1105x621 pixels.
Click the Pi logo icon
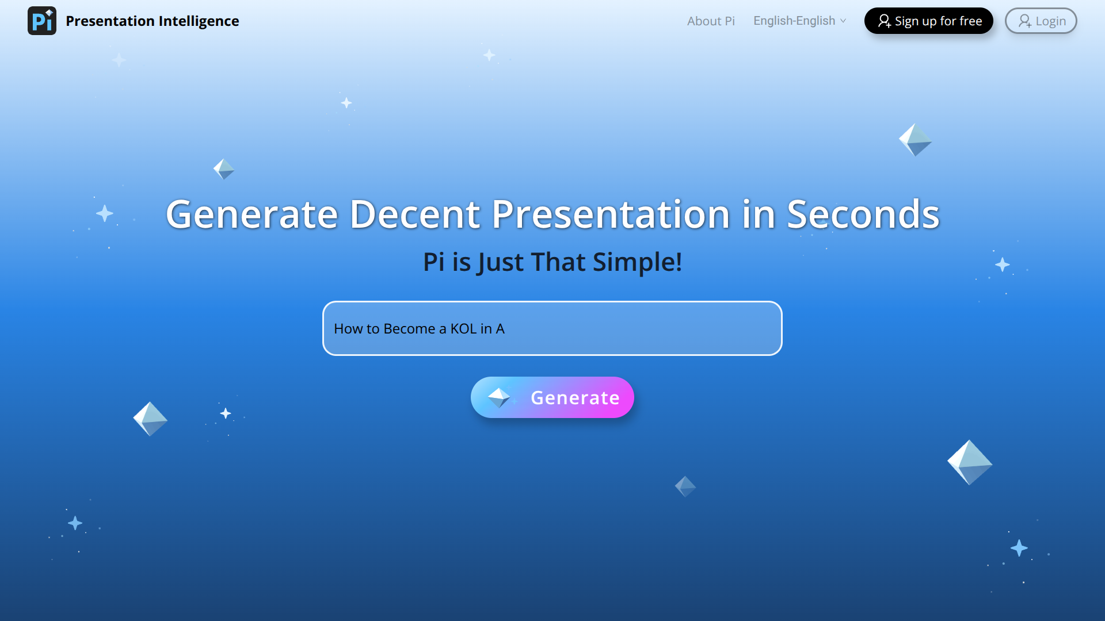point(42,21)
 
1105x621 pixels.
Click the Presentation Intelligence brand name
point(152,21)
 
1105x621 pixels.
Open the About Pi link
point(711,21)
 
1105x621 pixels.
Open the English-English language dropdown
point(799,21)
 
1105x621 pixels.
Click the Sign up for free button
point(929,21)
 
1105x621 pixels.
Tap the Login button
point(1041,21)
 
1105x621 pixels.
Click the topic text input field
point(552,328)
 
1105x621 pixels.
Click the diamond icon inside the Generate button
point(499,397)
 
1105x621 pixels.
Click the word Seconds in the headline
point(863,214)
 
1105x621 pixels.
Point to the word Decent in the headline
point(414,214)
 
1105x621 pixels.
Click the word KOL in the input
point(463,329)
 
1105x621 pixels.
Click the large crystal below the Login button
point(915,140)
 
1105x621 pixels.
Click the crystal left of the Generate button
point(150,419)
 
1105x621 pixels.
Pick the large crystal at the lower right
point(970,462)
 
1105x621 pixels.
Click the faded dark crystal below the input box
point(685,486)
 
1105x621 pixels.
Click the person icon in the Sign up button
point(884,21)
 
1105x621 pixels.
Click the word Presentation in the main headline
point(611,214)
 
